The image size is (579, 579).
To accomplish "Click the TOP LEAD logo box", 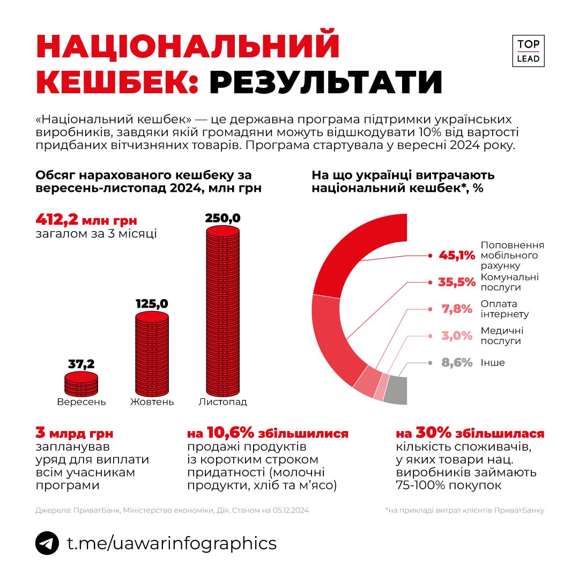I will (528, 51).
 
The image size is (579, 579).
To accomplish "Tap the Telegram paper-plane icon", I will (47, 544).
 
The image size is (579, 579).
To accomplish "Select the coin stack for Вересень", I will (81, 383).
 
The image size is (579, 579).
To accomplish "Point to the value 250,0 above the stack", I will (223, 218).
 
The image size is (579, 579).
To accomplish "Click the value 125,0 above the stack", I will (152, 304).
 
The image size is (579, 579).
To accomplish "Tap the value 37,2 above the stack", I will (81, 365).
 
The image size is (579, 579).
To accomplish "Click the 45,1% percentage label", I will (457, 256).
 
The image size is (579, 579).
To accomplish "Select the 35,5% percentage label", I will (457, 283).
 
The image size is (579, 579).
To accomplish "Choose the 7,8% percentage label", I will (457, 309).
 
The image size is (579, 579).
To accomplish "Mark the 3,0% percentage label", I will (457, 336).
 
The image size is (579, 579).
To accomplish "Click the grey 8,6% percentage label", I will (457, 363).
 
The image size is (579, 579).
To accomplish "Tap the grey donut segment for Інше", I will (397, 390).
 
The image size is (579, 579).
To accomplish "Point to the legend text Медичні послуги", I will (502, 336).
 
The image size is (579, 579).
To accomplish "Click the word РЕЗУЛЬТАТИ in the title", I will (326, 82).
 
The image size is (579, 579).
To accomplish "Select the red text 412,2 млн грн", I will (86, 220).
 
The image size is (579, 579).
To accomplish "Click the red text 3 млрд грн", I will (75, 433).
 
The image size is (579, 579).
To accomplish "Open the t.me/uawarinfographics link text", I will (172, 544).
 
